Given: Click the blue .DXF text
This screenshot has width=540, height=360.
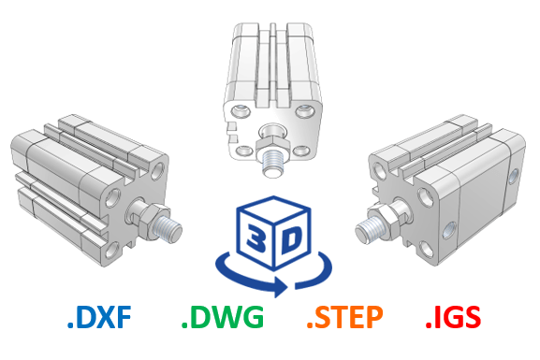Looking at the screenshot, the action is (99, 317).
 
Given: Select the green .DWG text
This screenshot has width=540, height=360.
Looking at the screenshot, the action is (223, 317).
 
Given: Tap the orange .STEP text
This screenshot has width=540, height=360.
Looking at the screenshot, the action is (344, 317).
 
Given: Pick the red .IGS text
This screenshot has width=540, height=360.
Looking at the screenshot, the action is (453, 317).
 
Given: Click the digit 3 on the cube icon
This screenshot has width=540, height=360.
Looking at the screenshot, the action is (256, 238).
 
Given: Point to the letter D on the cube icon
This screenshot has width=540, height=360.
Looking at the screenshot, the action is (291, 238).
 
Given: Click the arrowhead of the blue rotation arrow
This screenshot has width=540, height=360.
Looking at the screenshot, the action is (281, 286).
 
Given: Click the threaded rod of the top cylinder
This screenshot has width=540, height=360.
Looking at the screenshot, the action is (273, 164).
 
